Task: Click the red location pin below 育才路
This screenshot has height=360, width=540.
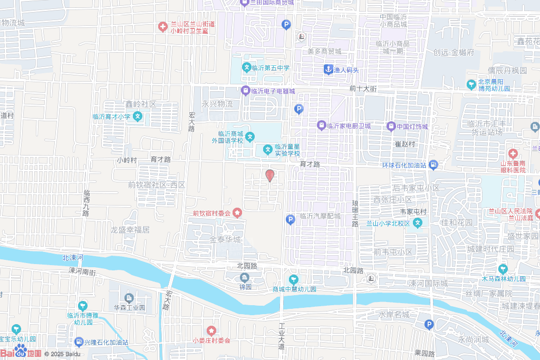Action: (x=269, y=175)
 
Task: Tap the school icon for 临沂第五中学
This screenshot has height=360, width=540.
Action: (x=246, y=67)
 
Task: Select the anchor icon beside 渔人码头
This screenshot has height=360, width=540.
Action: (x=328, y=70)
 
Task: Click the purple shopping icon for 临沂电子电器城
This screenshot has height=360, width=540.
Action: (x=245, y=91)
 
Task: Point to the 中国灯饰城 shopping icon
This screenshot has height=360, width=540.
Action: (x=391, y=126)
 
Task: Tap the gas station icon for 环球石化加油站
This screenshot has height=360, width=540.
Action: (x=433, y=165)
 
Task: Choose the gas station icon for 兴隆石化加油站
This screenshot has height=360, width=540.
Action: (x=79, y=342)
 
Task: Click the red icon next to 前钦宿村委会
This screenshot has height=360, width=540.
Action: (x=238, y=213)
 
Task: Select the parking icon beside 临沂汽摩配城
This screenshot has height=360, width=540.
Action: (x=290, y=219)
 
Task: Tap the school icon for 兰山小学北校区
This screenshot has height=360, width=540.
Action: (x=418, y=223)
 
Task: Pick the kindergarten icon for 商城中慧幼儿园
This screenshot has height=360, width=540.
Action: (x=294, y=279)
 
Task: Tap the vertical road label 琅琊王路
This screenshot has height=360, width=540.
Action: (x=355, y=213)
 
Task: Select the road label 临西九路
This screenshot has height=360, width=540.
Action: (x=86, y=203)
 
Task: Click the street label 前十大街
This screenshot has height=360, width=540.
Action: (x=363, y=89)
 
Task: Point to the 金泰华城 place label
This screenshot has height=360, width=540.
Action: (x=225, y=239)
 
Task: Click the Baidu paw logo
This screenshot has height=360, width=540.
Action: (x=21, y=350)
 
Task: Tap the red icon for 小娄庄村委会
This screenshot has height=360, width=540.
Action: (x=211, y=330)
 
